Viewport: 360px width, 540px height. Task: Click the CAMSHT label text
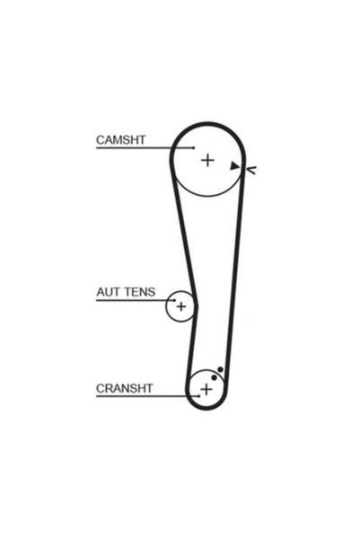(121, 140)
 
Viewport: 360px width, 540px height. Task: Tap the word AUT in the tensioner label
(105, 292)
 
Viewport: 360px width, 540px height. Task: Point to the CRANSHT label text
(124, 388)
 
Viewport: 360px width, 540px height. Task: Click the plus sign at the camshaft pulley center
(207, 160)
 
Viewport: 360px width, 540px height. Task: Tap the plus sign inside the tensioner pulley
(181, 306)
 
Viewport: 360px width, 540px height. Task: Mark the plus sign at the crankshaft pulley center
(206, 390)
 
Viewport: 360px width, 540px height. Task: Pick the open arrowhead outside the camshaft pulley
(250, 170)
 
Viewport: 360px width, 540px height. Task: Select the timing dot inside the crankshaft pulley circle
(214, 377)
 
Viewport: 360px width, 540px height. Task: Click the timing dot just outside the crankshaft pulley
(220, 370)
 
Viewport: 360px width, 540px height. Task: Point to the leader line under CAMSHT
(145, 148)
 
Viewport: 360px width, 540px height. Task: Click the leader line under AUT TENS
(136, 300)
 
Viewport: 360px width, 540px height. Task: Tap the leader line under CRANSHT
(147, 396)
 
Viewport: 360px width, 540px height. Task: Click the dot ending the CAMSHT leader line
(194, 147)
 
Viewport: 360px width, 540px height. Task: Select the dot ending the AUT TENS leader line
(174, 300)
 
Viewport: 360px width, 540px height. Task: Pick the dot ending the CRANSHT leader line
(199, 396)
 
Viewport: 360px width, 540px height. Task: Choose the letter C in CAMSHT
(101, 140)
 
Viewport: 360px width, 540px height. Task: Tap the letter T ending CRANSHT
(149, 388)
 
